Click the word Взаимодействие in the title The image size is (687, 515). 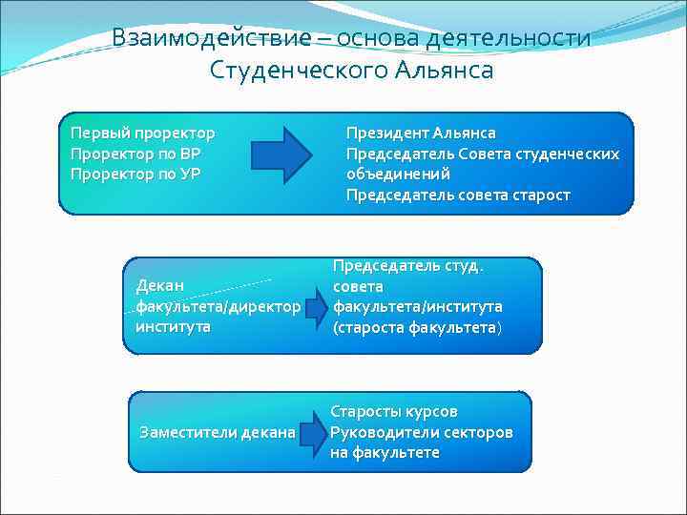coord(211,37)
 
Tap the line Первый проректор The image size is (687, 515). coord(142,133)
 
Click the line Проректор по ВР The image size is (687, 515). coord(135,153)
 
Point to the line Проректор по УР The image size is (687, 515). coord(135,174)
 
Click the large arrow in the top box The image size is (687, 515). coord(281,152)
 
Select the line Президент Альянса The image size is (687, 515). coord(421,133)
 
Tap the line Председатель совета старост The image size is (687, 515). coord(458,195)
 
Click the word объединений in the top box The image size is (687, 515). coord(398,174)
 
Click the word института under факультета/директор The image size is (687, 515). coord(173,326)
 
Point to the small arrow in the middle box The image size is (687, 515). coord(320,306)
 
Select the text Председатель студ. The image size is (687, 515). coord(407,265)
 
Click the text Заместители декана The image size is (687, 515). coord(218,432)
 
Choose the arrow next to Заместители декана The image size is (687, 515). coord(311,432)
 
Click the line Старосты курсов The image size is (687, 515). coord(394,411)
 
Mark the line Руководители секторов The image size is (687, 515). coord(421,432)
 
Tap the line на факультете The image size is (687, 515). coord(385,453)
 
